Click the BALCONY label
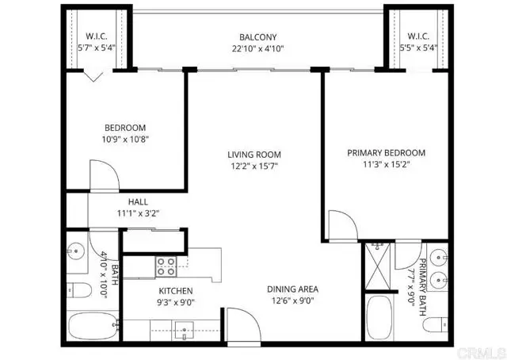tap(258, 37)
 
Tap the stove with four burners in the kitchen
tap(167, 265)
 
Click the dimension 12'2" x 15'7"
tap(253, 167)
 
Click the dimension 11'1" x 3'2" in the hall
tap(138, 213)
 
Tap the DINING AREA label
tap(292, 289)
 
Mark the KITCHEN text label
tap(176, 291)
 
